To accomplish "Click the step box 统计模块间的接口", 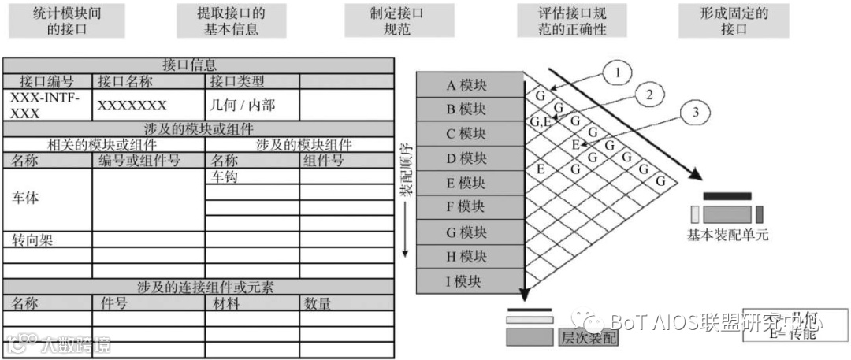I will coord(67,21).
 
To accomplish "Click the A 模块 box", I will coord(470,84).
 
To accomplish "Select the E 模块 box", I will coord(470,183).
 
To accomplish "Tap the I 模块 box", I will coord(470,281).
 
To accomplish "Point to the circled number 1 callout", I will coord(618,72).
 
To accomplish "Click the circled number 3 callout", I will coord(694,112).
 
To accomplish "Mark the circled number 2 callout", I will coord(648,94).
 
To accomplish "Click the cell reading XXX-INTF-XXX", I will coord(47,105).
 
